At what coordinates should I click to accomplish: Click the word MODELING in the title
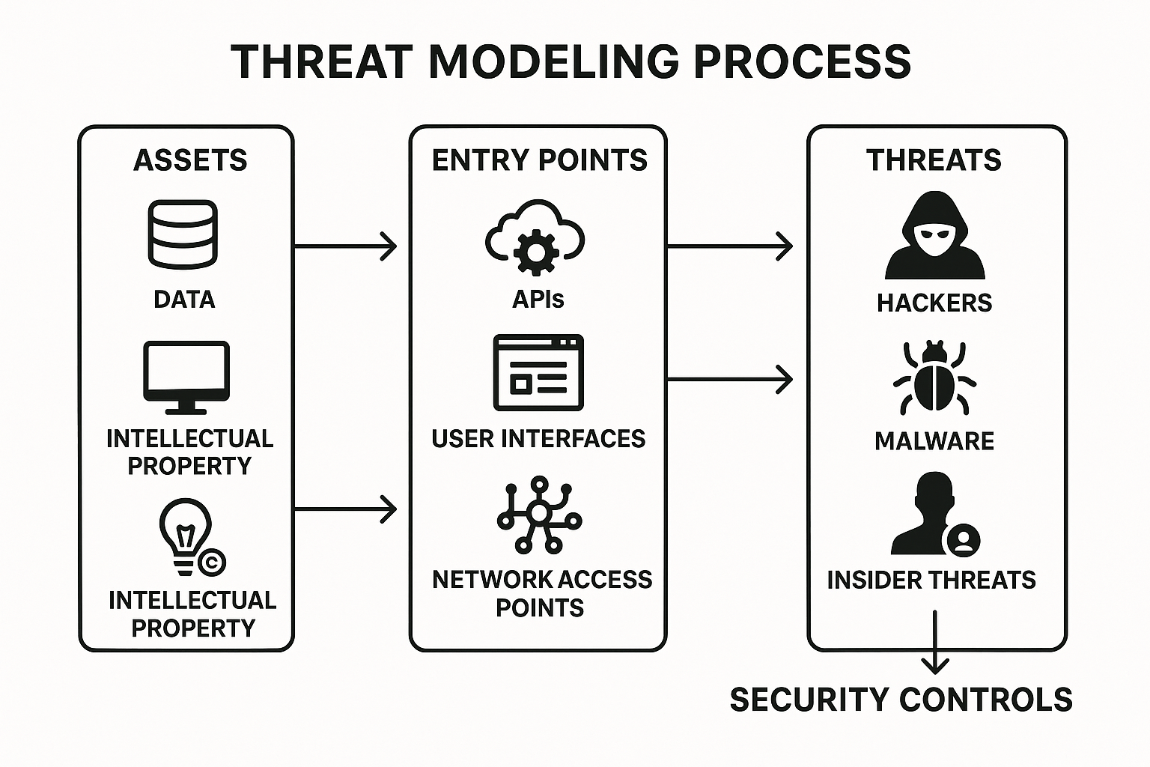tap(553, 61)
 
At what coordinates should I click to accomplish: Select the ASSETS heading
tap(190, 160)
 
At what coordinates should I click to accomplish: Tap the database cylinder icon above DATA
tap(183, 234)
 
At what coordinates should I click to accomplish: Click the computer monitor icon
tap(186, 377)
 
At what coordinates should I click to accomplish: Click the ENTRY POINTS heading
tap(539, 160)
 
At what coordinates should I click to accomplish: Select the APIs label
tap(538, 300)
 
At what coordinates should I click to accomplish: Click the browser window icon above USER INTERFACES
tap(538, 373)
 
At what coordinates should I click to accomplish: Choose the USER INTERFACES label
tap(538, 438)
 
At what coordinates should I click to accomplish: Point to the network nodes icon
tap(538, 515)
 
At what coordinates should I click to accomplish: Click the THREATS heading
tap(934, 160)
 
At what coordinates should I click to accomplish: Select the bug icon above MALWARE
tap(934, 378)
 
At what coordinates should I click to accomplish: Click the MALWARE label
tap(934, 441)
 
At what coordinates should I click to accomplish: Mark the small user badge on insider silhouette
tap(963, 539)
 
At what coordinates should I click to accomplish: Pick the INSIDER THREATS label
tap(931, 580)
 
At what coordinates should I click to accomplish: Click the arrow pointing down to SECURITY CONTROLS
tap(935, 644)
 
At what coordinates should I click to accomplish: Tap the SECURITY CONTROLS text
tap(901, 700)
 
